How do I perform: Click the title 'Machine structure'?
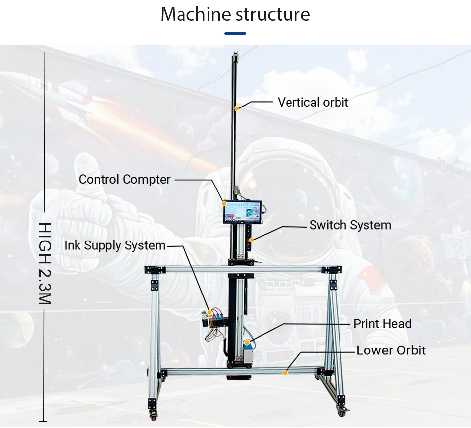click(x=235, y=14)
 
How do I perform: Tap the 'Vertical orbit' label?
click(x=313, y=102)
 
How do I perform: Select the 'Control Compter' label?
click(x=125, y=180)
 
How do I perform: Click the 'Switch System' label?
click(x=350, y=225)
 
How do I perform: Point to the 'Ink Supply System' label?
click(x=115, y=245)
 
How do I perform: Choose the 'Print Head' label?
click(x=382, y=324)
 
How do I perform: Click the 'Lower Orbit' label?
click(x=391, y=350)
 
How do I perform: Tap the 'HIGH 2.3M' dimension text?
click(x=45, y=263)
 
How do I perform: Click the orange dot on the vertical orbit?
click(x=236, y=108)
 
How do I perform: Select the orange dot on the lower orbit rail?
click(x=285, y=373)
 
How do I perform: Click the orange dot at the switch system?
click(x=251, y=240)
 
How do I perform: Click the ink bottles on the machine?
click(x=215, y=319)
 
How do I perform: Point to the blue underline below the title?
click(x=235, y=34)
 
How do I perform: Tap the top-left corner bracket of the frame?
click(x=153, y=269)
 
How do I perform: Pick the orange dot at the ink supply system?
click(x=210, y=311)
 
